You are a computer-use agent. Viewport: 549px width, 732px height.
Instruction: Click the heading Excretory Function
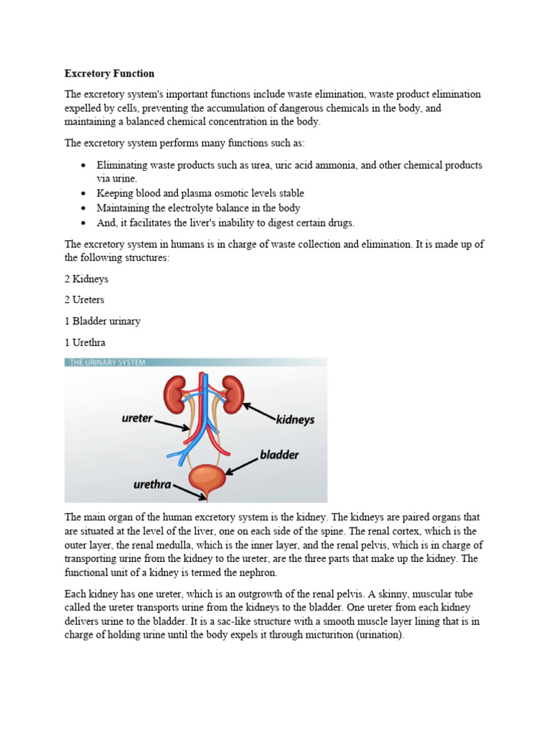tap(109, 74)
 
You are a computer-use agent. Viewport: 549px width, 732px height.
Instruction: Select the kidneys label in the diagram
tap(295, 420)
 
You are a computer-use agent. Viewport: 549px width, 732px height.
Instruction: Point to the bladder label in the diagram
tap(279, 455)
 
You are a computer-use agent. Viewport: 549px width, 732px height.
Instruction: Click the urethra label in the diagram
tap(152, 484)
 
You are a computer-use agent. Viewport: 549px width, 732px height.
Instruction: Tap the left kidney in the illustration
tap(175, 391)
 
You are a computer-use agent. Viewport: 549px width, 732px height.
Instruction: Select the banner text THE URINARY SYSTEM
tap(107, 362)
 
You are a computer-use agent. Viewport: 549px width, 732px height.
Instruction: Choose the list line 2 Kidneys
tap(86, 279)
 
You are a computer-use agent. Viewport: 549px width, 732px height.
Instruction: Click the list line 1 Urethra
tap(85, 342)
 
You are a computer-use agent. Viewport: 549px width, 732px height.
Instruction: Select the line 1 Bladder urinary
tap(102, 321)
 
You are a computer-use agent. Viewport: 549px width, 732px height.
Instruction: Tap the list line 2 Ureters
tap(85, 300)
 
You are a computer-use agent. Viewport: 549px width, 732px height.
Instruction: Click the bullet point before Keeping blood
tap(84, 194)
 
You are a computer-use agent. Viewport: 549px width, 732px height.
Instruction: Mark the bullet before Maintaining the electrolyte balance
tap(84, 208)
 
